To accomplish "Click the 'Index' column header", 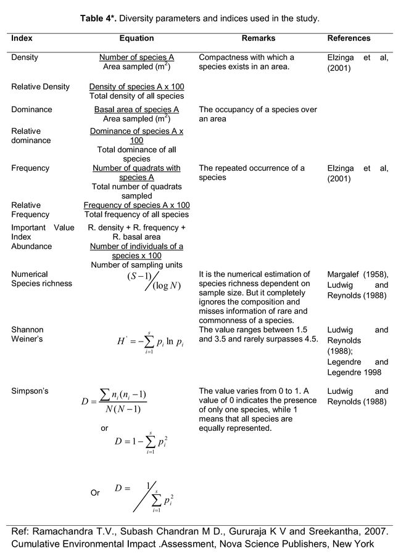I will [x=22, y=38].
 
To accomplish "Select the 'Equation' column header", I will [x=136, y=38].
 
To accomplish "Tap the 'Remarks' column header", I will [x=258, y=38].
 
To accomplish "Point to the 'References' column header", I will [x=349, y=38].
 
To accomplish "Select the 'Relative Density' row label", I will [x=40, y=86].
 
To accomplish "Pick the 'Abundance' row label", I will [x=31, y=246].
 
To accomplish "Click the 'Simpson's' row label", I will [x=30, y=391].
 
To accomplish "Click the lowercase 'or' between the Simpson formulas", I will [x=104, y=427].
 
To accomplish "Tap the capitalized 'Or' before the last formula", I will [x=95, y=493].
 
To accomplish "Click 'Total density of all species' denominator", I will [x=136, y=96].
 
